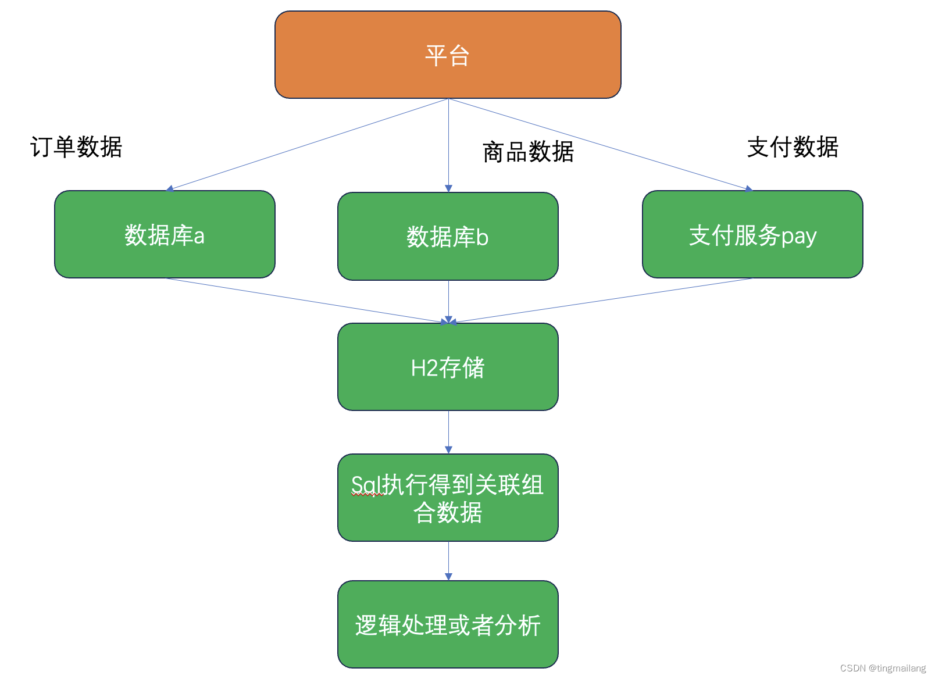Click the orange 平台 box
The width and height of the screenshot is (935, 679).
pyautogui.click(x=448, y=55)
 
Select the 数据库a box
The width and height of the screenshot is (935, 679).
pyautogui.click(x=165, y=234)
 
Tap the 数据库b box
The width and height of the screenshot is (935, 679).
pyautogui.click(x=448, y=236)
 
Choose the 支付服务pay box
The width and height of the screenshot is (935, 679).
pyautogui.click(x=752, y=234)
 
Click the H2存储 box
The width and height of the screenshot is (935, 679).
pyautogui.click(x=448, y=367)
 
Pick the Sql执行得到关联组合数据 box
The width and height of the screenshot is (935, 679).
pyautogui.click(x=448, y=498)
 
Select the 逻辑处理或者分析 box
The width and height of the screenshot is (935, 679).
pyautogui.click(x=448, y=624)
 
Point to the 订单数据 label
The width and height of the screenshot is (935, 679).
pyautogui.click(x=76, y=147)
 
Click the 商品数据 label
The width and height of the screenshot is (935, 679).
pyautogui.click(x=528, y=152)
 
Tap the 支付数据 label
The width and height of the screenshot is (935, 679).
pyautogui.click(x=793, y=147)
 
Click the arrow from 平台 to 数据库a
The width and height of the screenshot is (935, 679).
pyautogui.click(x=307, y=144)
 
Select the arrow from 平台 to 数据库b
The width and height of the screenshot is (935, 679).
pyautogui.click(x=448, y=145)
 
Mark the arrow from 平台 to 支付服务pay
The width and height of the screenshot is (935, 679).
pyautogui.click(x=599, y=144)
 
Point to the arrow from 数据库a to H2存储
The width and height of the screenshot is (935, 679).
pyautogui.click(x=307, y=300)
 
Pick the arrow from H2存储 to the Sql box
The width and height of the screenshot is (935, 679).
pyautogui.click(x=448, y=432)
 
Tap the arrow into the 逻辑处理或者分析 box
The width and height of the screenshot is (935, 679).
pyautogui.click(x=448, y=560)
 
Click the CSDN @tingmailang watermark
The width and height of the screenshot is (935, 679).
pyautogui.click(x=883, y=669)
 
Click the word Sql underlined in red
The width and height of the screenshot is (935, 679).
pyautogui.click(x=366, y=485)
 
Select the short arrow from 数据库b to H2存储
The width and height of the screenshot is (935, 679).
pyautogui.click(x=448, y=301)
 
